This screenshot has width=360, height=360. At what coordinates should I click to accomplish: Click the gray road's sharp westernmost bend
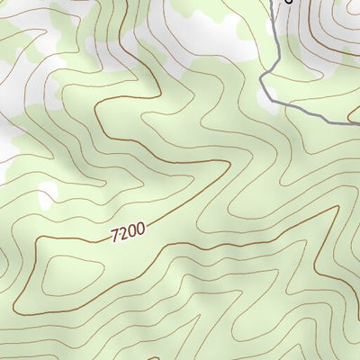[x=261, y=85]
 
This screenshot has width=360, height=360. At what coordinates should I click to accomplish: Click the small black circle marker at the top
[x=289, y=1]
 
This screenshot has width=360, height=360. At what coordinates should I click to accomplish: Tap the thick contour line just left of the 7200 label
[x=81, y=238]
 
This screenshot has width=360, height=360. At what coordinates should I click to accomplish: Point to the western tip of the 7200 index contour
[x=37, y=245]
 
